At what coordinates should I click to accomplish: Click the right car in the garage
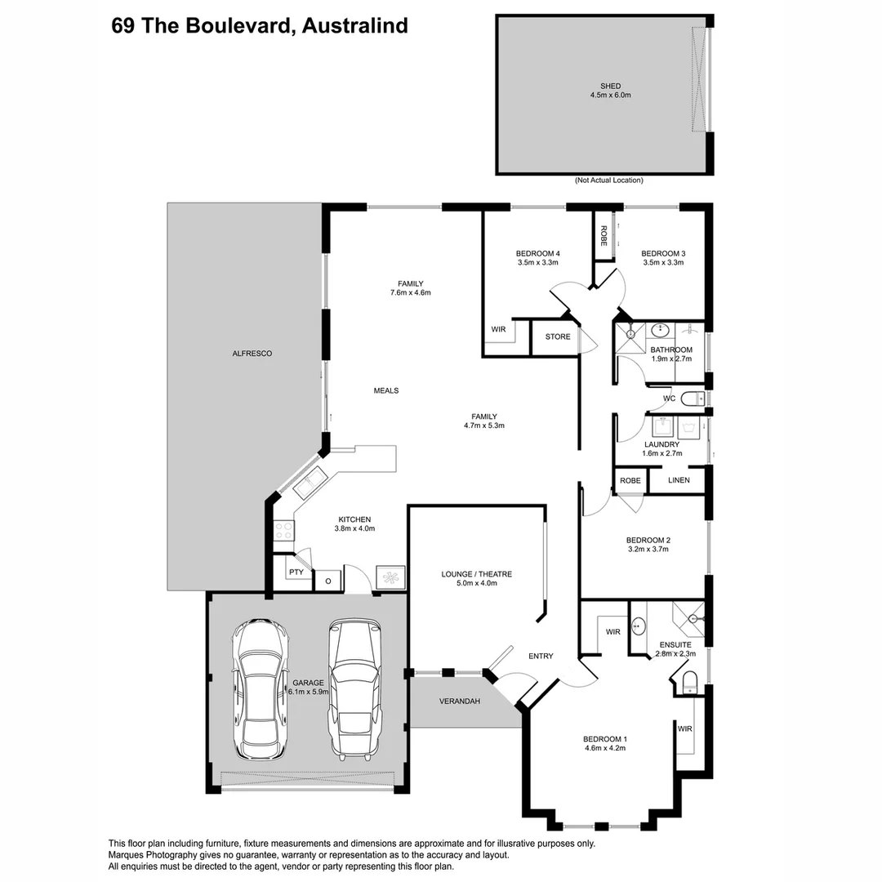point(355,688)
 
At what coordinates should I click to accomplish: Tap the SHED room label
point(610,86)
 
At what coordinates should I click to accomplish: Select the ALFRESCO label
point(252,354)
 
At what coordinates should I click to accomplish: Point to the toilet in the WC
point(693,399)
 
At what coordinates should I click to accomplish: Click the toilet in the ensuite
point(689,682)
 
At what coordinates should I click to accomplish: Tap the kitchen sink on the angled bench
point(309,483)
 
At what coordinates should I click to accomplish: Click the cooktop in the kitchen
point(283,529)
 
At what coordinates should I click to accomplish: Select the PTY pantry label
point(296,572)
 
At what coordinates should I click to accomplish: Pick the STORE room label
point(558,336)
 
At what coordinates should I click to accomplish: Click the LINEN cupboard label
point(679,480)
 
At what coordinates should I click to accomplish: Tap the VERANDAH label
point(460,702)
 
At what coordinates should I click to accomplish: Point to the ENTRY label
point(541,656)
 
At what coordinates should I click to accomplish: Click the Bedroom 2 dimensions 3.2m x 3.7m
point(648,549)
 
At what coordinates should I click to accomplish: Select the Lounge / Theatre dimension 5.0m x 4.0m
point(476,583)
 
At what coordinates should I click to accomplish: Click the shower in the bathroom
point(630,337)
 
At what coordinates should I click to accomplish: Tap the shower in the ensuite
point(688,617)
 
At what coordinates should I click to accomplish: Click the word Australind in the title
point(355,26)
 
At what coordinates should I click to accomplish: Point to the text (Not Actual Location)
point(608,180)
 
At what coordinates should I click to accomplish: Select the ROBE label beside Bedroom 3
point(604,236)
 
